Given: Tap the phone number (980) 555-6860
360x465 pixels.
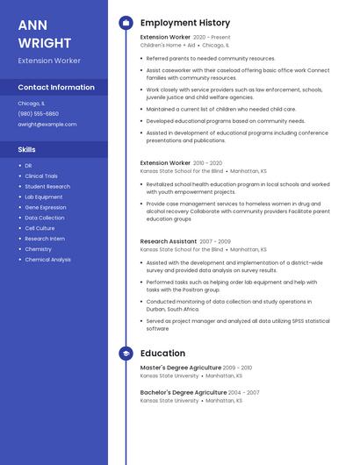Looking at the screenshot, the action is pos(39,113).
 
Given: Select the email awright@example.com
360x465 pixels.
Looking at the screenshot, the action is pos(47,124).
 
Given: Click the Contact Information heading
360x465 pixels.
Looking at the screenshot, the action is pos(56,87).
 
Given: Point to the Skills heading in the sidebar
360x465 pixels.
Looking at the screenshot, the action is pos(27,149).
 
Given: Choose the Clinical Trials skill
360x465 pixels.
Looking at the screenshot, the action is pos(42,175).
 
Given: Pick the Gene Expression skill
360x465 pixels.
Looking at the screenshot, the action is pos(46,207).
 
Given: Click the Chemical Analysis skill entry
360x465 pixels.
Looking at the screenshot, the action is pos(48,260).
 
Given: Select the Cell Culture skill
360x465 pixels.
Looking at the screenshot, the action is pos(40,228).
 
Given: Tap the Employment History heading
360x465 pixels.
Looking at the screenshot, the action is pos(185,23).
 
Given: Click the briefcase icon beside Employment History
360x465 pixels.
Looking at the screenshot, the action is pos(126,23).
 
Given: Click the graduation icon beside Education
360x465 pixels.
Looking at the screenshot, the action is pos(126,354).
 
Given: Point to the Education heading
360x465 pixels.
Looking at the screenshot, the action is pos(162,354).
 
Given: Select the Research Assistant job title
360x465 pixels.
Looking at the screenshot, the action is pos(169,240).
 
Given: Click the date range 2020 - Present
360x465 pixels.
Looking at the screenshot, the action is pos(212,38).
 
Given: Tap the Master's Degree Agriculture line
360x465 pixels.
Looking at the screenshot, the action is pos(180,368).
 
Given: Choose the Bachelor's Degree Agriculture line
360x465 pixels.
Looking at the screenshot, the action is pos(183,392).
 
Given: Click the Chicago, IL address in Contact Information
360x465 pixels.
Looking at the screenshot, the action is pos(32,103).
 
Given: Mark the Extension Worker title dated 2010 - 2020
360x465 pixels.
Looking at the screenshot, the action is pos(165,162).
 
